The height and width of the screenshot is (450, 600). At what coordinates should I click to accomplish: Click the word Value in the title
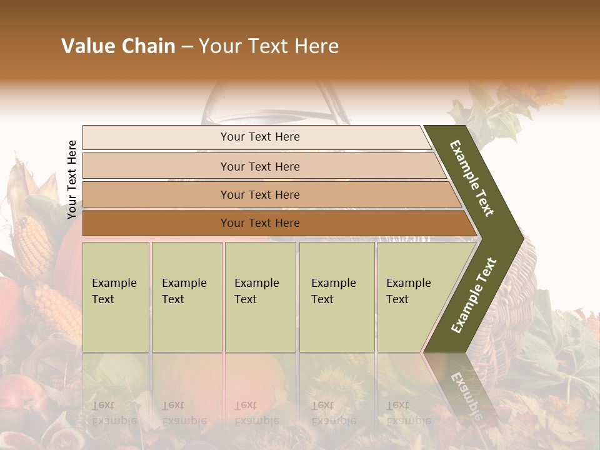(x=87, y=46)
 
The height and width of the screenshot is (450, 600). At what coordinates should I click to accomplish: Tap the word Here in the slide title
(x=316, y=46)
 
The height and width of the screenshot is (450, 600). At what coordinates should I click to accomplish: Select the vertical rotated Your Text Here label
(x=72, y=179)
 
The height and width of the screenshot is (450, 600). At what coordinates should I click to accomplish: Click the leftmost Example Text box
(x=116, y=297)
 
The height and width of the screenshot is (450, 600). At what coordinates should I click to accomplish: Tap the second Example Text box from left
(x=187, y=297)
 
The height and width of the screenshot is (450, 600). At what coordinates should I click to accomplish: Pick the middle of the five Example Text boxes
(x=260, y=297)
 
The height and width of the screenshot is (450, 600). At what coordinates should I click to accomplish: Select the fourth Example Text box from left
(x=337, y=297)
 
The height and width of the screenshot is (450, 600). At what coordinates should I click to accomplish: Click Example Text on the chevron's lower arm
(x=474, y=295)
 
